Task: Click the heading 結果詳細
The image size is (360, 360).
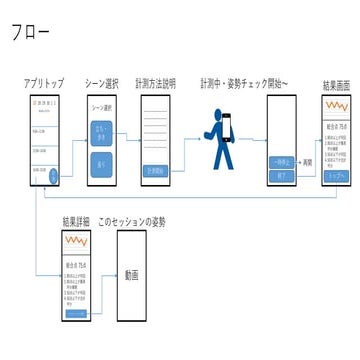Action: [x=75, y=220]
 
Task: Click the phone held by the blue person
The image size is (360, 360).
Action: [x=226, y=126]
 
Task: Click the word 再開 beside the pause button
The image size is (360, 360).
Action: [x=307, y=161]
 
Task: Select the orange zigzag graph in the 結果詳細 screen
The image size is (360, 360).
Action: [x=76, y=243]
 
